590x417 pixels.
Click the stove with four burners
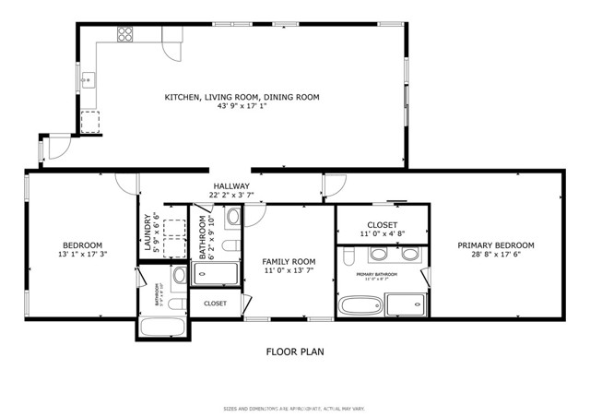tap(124, 35)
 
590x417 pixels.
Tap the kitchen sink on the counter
tap(88, 80)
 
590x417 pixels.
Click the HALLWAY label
tap(230, 185)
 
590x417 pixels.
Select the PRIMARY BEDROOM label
tap(496, 245)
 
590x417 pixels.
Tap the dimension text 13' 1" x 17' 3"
tap(82, 255)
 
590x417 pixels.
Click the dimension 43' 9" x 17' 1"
tap(242, 106)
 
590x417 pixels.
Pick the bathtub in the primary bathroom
tap(359, 305)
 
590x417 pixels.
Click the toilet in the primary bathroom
tap(413, 254)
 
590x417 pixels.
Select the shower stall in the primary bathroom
tap(405, 305)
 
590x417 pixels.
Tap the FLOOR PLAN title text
tap(294, 351)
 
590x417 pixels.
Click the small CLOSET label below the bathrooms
tap(215, 303)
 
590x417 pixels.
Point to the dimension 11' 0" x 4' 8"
tap(382, 235)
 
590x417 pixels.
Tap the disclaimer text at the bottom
tap(294, 409)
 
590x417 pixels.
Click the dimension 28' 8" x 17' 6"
tap(496, 256)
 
